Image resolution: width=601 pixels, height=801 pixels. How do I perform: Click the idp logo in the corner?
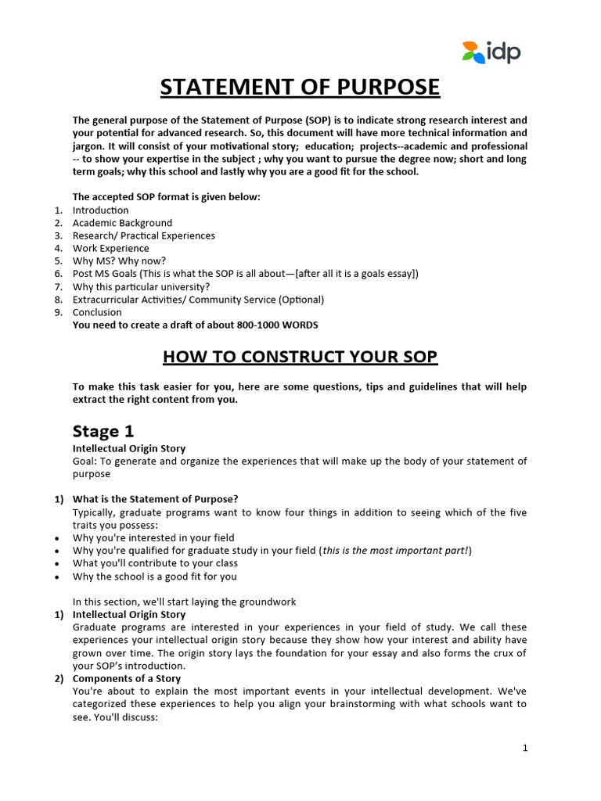[x=491, y=52]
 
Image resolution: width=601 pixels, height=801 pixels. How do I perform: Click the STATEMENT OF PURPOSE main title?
[x=300, y=87]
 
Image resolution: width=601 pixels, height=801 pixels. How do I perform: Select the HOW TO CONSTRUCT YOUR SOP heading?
[x=300, y=357]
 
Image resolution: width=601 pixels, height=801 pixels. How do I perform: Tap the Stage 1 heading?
[x=97, y=431]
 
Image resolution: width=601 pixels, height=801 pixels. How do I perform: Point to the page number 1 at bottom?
[x=526, y=748]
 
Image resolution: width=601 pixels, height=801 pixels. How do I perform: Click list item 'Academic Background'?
[x=122, y=223]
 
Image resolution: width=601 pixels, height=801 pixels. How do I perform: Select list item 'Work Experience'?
[x=110, y=248]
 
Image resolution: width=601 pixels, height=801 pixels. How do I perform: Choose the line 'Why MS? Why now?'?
[x=119, y=260]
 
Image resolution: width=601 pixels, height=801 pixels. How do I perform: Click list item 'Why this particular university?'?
[x=141, y=286]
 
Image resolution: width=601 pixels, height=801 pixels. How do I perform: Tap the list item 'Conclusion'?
[x=97, y=312]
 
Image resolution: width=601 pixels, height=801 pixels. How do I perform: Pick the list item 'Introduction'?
[x=100, y=210]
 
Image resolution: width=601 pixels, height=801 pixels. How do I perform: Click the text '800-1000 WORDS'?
[x=281, y=325]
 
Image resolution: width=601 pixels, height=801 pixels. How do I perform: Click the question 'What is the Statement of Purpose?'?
[x=155, y=499]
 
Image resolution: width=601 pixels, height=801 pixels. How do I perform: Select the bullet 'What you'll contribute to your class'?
[x=155, y=563]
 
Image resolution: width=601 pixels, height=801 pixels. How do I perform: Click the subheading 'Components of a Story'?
[x=126, y=678]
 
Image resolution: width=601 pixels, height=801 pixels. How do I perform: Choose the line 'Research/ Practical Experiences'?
[x=143, y=235]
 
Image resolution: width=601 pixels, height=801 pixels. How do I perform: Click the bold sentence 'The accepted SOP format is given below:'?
[x=166, y=197]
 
